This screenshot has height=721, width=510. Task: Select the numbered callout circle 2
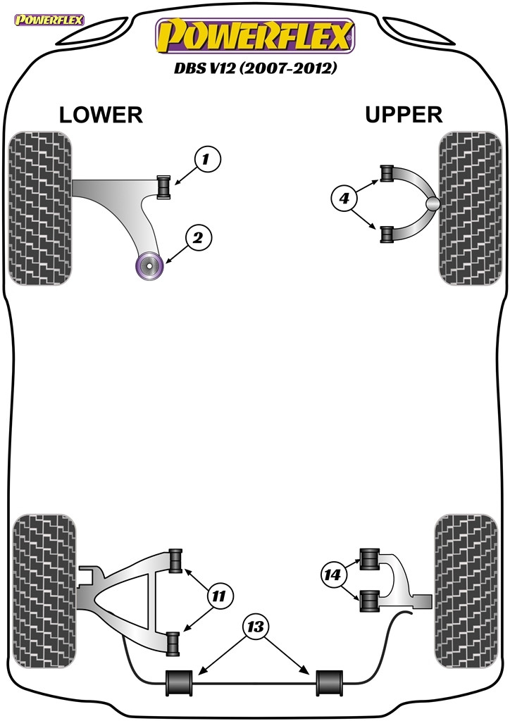pos(199,238)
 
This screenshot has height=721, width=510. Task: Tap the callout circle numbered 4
pos(344,199)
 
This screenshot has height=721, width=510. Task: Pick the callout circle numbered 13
pos(256,626)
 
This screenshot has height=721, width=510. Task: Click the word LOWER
pos(101,115)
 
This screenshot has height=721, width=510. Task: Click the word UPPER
pos(404,115)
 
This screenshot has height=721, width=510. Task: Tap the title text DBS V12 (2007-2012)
pos(255,68)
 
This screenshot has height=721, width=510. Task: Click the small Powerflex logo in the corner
pos(49,20)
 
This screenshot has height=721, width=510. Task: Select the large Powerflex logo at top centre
pos(255,37)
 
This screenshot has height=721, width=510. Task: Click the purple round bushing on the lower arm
pos(149,265)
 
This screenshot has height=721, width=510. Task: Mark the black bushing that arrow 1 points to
pos(163,187)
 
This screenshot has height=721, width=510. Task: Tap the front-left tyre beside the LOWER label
pos(40,208)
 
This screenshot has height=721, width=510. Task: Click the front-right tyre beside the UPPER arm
pos(470,208)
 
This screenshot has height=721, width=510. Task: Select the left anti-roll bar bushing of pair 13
pos(180,683)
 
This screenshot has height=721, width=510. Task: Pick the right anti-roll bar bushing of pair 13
pos(329,683)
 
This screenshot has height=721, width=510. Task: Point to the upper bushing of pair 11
pos(175,561)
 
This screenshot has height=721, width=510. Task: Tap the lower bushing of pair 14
pos(369,601)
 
